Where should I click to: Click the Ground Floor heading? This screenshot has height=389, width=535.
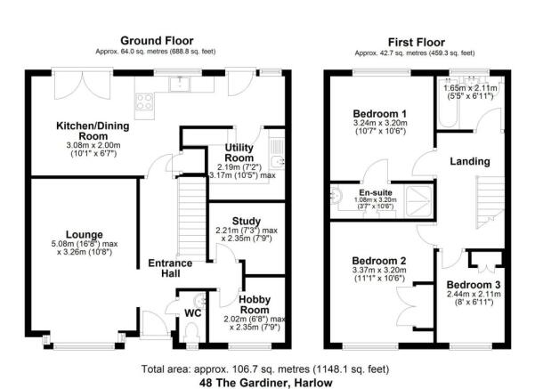point(157,41)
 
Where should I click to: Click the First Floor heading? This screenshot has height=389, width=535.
point(417,43)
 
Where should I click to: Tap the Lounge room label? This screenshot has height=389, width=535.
point(85,235)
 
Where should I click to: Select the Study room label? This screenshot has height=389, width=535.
point(247,221)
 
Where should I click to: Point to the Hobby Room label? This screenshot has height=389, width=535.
point(255,304)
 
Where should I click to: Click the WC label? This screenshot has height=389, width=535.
point(193,313)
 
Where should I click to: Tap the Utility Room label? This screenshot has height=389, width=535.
point(239,153)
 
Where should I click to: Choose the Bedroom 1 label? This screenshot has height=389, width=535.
point(380,114)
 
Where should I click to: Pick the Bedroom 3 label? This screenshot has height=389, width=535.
point(474,285)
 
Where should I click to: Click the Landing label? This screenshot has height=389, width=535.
point(470,161)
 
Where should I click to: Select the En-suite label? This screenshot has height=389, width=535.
point(376,193)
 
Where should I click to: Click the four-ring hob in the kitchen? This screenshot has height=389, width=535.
point(144,101)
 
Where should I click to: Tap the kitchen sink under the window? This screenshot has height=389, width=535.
point(180,85)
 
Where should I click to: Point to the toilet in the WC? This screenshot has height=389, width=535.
point(191,333)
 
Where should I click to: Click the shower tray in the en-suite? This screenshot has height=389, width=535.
point(418,201)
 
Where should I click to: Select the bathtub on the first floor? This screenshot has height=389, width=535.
point(448,104)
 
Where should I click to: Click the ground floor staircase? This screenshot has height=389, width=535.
point(192,216)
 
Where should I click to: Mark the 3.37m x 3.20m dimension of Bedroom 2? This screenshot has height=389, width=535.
point(378,271)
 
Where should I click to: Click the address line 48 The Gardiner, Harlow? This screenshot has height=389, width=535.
point(266,383)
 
